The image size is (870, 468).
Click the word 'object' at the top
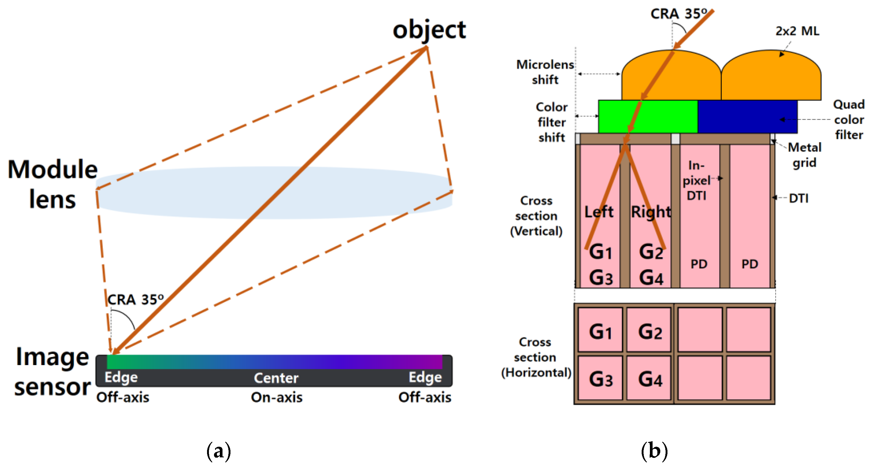click(x=429, y=30)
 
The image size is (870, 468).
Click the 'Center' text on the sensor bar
click(x=276, y=378)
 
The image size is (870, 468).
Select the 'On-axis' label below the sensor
click(x=276, y=397)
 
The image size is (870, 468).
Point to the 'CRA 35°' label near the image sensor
click(x=135, y=300)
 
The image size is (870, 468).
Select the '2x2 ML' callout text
click(x=797, y=31)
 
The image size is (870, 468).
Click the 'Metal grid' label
click(x=805, y=155)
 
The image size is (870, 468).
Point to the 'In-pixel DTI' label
click(x=696, y=180)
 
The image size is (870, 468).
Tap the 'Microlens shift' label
click(x=545, y=72)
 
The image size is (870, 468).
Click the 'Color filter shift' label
click(x=551, y=122)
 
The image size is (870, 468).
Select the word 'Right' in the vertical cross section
click(x=651, y=212)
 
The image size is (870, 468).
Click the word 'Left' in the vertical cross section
click(x=599, y=212)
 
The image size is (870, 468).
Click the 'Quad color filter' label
click(x=849, y=119)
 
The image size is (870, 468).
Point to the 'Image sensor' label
click(x=52, y=371)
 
